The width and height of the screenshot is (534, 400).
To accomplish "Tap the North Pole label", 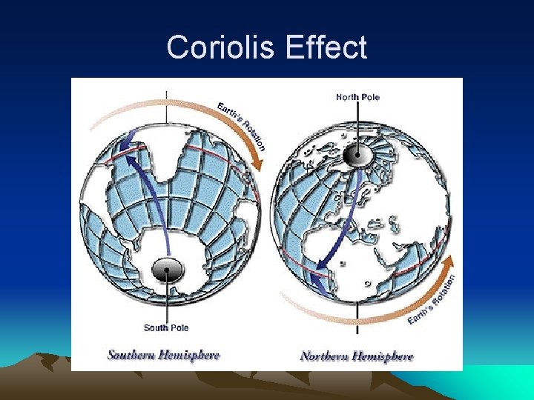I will tap(357, 97).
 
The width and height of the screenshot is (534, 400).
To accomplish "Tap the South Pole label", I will tap(166, 327).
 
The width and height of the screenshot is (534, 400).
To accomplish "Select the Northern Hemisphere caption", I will tap(357, 356).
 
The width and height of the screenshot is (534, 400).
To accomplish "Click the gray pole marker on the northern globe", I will tap(357, 154).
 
